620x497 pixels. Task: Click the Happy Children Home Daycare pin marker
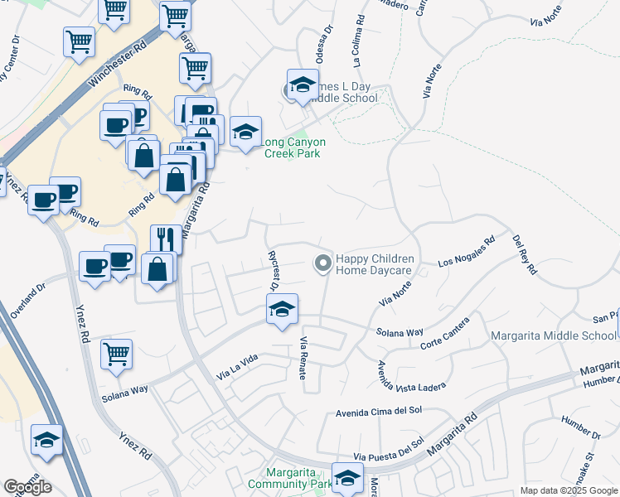(x=322, y=263)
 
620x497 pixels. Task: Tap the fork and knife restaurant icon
(x=166, y=239)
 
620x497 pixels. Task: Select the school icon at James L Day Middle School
(x=303, y=85)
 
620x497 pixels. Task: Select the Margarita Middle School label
(x=553, y=335)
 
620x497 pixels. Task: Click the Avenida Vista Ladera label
(x=411, y=377)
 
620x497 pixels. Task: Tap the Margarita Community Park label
(x=286, y=477)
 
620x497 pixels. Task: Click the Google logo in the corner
(x=27, y=487)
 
